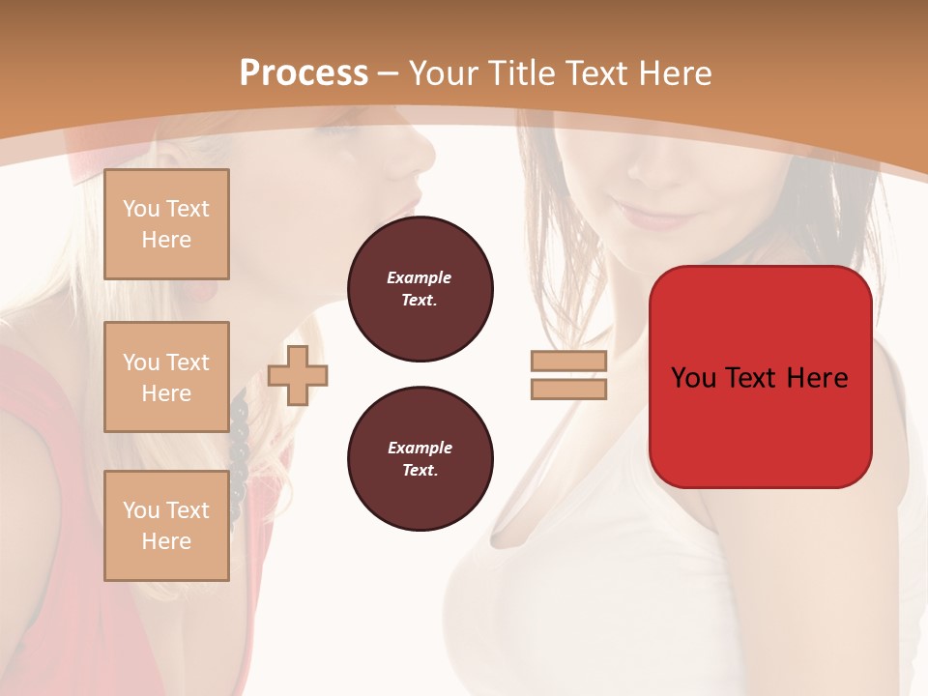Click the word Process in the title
pos(304,73)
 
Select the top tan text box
pos(166,224)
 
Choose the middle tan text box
pos(166,377)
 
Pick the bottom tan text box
pos(166,526)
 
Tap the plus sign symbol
pos(298,375)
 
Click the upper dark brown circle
pos(420,289)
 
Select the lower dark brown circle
pos(420,459)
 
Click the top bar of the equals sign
pos(568,362)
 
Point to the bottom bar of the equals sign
pos(568,389)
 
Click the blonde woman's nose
pos(425,153)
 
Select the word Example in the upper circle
pos(419,277)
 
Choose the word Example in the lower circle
pos(420,448)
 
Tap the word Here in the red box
pos(817,378)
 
